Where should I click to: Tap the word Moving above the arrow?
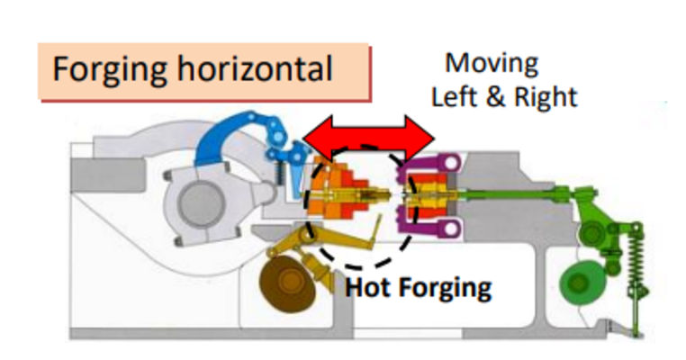click(x=492, y=64)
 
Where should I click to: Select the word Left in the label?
click(x=456, y=96)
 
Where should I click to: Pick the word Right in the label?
click(x=545, y=97)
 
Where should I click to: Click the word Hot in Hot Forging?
click(x=369, y=288)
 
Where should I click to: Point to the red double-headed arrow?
click(x=368, y=136)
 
